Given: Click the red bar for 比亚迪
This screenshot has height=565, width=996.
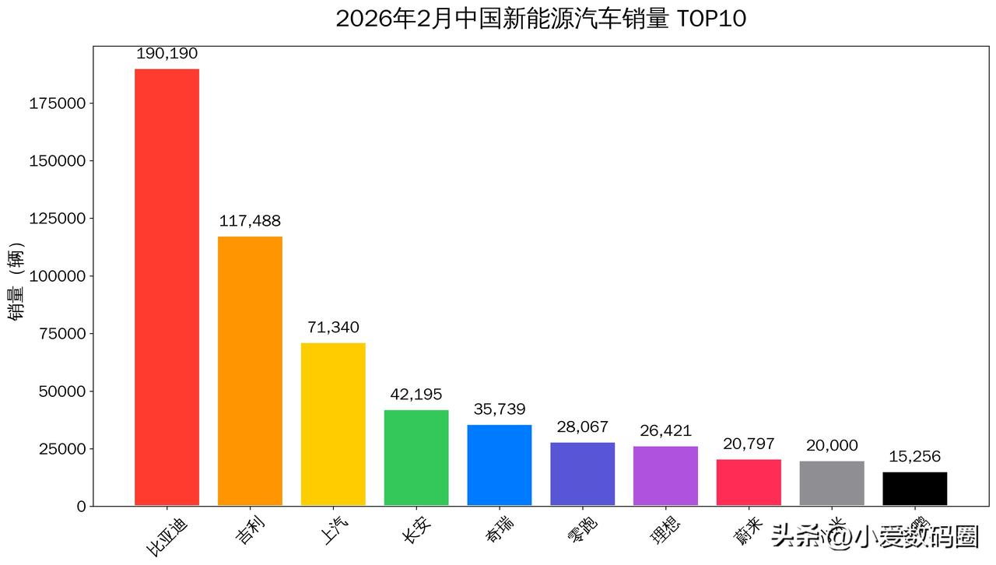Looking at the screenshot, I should (167, 287).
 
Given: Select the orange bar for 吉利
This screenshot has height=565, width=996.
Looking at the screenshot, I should (250, 370).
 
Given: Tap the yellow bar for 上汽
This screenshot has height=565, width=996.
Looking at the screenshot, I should (333, 424).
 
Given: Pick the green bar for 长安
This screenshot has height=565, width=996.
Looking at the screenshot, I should (416, 458).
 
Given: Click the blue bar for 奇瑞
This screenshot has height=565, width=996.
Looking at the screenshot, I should (500, 465).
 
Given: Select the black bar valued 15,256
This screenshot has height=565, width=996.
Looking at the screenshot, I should (914, 489).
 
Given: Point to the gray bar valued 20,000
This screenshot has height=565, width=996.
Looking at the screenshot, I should (832, 483).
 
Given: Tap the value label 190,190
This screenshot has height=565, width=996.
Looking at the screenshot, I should (167, 54).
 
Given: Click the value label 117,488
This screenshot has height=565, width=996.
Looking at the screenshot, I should (250, 221).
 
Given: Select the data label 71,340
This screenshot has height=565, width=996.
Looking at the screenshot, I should (333, 328).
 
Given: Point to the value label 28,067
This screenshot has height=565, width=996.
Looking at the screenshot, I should (582, 427).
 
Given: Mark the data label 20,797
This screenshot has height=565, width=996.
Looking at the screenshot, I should (749, 444).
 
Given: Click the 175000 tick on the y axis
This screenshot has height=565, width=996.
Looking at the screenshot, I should (58, 104).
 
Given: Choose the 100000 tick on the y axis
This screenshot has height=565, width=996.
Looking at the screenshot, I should (58, 276).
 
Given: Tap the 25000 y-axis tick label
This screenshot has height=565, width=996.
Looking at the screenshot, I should (61, 449).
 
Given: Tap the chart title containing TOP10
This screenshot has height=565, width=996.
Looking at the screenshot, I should (541, 19).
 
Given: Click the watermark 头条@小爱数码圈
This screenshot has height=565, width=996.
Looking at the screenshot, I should (875, 536).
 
